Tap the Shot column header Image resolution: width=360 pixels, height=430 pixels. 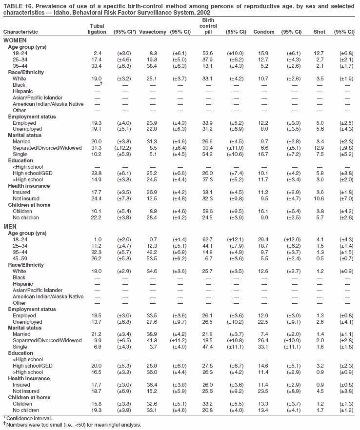click(x=319, y=32)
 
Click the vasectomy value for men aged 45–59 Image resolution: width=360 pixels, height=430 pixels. click(x=152, y=258)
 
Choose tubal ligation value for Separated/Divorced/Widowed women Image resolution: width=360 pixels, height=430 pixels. click(x=96, y=148)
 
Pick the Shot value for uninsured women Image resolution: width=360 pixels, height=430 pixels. click(x=319, y=199)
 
